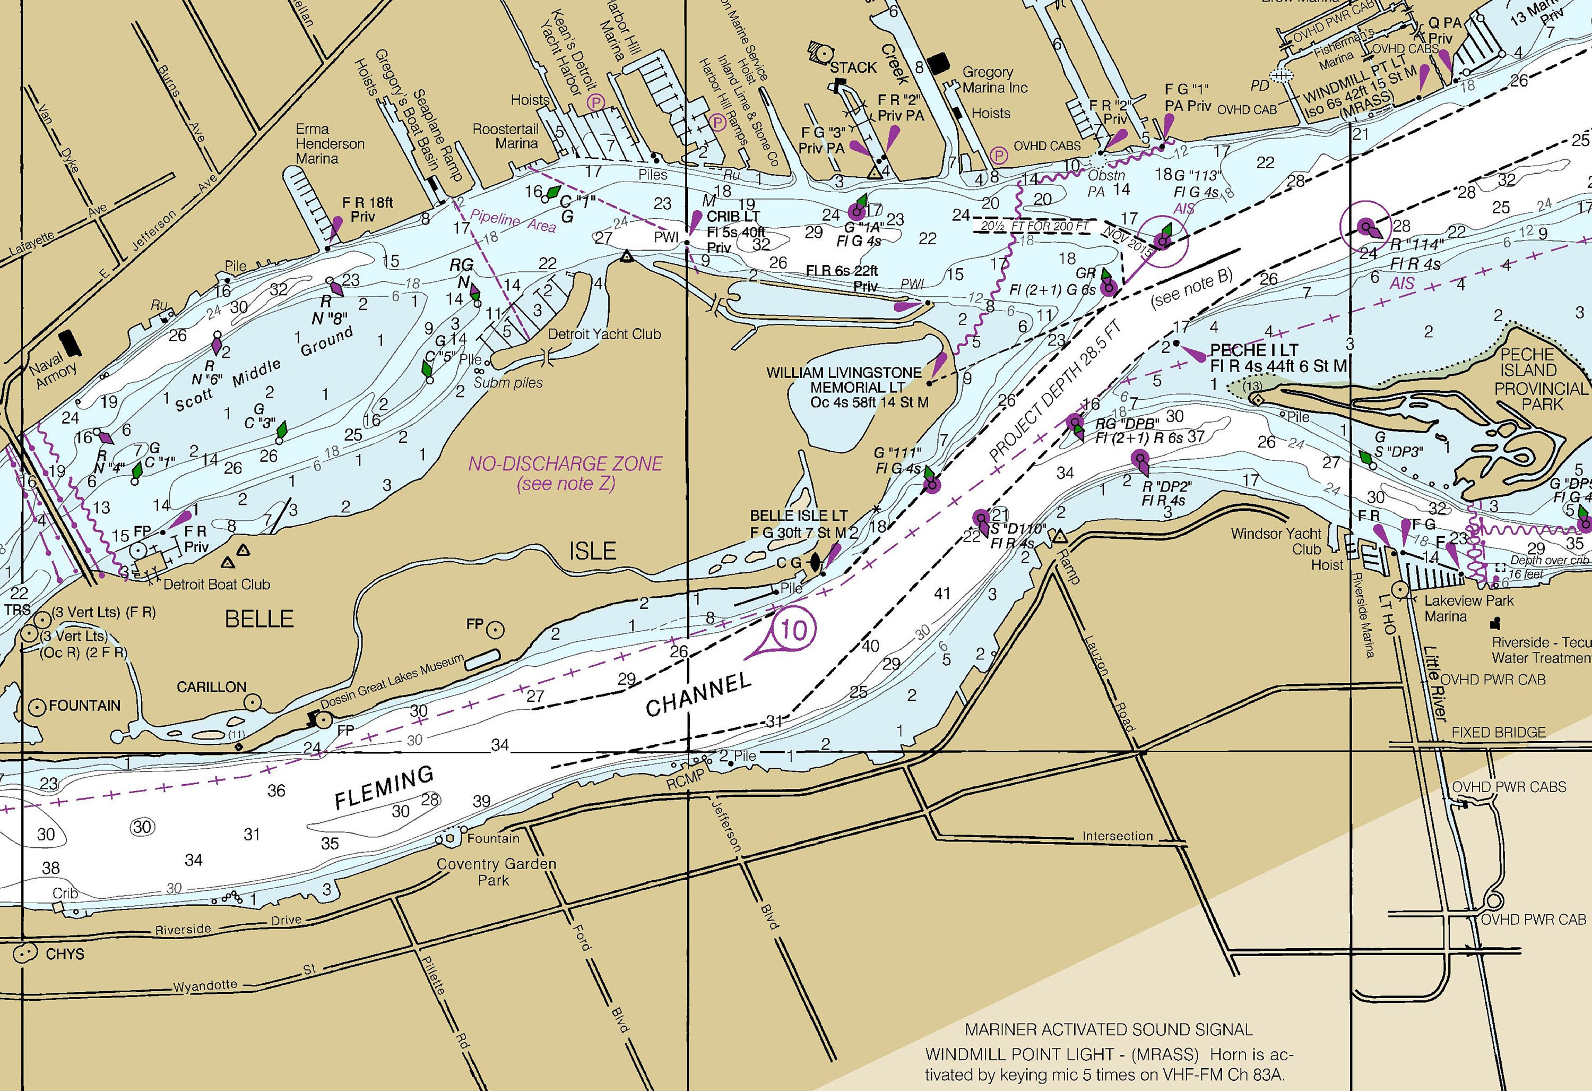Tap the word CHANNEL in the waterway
point(699,694)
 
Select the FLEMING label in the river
point(384,787)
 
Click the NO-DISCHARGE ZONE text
point(565,464)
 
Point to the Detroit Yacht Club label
point(604,334)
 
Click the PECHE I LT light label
point(1253,349)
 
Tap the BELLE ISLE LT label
point(799,516)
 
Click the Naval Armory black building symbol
point(70,342)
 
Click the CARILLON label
point(212,686)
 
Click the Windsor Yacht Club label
point(1276,542)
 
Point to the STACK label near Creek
point(853,67)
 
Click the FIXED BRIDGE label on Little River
point(1498,732)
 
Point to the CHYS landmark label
point(64,954)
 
